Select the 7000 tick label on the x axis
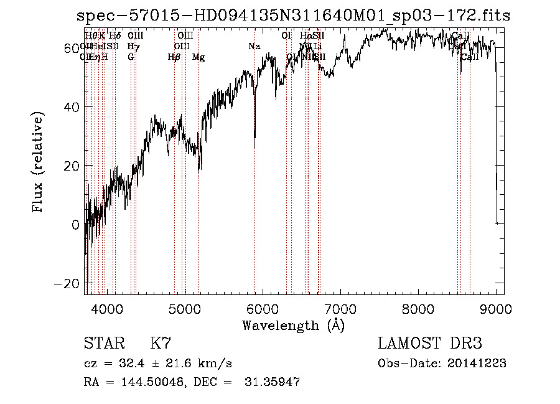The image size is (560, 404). pos(340,308)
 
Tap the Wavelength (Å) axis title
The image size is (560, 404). pos(293,325)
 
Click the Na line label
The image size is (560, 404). pos(254,46)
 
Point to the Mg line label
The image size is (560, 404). pos(198,57)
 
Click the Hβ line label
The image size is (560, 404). pos(174,57)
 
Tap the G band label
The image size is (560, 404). pos(131,57)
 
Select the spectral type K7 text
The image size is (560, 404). pos(161,344)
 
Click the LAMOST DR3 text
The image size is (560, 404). pos(430,344)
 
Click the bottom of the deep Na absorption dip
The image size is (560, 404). pos(254,147)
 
